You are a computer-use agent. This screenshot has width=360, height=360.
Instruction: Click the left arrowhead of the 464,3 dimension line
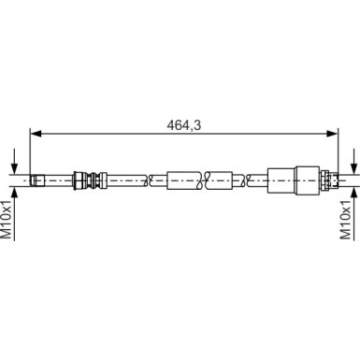[x=36, y=134]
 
